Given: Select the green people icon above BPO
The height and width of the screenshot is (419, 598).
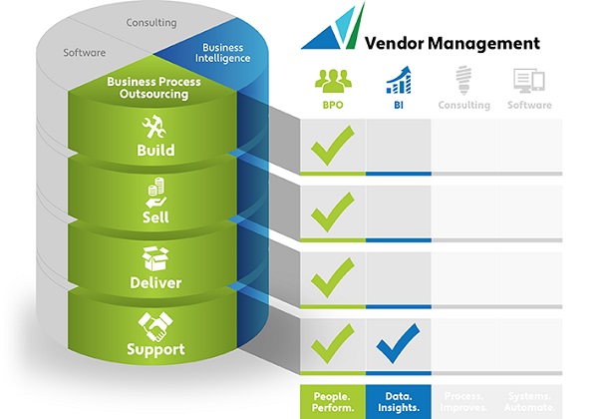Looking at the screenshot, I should (x=332, y=80).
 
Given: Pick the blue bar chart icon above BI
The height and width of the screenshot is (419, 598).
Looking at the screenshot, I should (x=398, y=80).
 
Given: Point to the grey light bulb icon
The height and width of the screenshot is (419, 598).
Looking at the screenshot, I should (x=463, y=80).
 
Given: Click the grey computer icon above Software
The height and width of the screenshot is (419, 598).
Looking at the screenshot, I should (x=528, y=80).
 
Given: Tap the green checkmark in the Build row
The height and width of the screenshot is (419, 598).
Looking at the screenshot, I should (x=332, y=148).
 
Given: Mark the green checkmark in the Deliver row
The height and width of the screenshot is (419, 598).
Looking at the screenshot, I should (x=332, y=278).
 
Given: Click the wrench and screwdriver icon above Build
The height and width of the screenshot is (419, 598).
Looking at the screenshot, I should (x=154, y=127).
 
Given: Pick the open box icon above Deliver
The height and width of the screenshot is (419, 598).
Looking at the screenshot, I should (x=154, y=259).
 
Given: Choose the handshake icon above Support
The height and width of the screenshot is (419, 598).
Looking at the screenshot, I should (x=154, y=325).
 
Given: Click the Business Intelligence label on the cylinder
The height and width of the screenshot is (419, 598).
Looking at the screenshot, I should (x=222, y=53).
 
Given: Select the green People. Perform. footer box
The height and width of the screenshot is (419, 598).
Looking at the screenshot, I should (x=333, y=400).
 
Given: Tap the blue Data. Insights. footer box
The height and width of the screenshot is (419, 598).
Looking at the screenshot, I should (x=399, y=400).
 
